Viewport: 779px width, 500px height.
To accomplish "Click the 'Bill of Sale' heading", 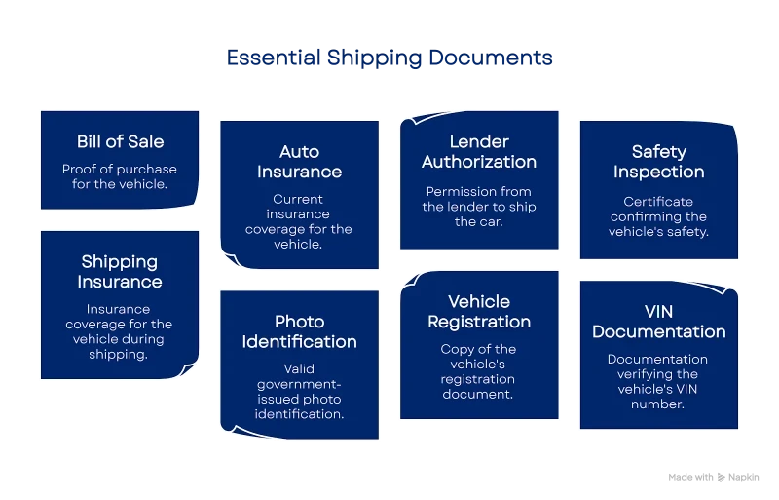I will click(x=121, y=142).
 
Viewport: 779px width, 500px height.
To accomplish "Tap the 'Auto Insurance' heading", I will click(x=299, y=162).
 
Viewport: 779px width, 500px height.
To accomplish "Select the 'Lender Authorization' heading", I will click(x=479, y=152).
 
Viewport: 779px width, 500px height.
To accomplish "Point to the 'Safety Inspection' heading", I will click(x=658, y=162).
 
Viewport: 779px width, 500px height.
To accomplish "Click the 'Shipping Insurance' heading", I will click(x=120, y=272).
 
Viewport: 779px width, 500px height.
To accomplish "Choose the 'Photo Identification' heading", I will click(x=299, y=331).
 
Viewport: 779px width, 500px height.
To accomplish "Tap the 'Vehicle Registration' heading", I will click(x=479, y=312).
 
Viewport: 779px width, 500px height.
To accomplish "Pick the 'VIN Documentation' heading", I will click(x=658, y=322).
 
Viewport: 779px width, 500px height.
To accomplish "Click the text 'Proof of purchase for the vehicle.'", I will click(x=121, y=175).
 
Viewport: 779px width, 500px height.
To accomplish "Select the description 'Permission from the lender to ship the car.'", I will click(x=479, y=207).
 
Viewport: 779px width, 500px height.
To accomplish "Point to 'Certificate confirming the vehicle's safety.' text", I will click(x=658, y=216).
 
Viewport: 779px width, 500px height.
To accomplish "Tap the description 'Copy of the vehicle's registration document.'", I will click(x=479, y=371).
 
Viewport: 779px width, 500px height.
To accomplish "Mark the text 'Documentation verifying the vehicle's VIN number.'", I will click(x=658, y=381).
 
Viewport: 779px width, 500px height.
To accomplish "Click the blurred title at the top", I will click(x=389, y=58).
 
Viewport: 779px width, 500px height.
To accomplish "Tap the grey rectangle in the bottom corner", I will click(x=712, y=476).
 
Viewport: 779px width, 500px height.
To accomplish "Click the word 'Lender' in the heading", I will click(x=479, y=142).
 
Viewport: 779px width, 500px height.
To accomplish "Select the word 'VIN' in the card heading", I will click(x=658, y=312).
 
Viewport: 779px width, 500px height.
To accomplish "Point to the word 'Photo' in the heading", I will click(x=299, y=322).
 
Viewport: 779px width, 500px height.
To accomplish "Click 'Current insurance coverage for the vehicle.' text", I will click(x=299, y=221).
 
